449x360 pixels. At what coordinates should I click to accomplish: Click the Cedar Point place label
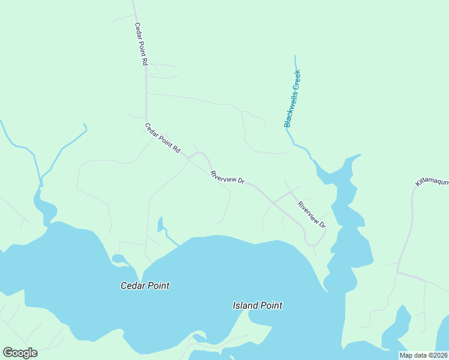tap(145, 286)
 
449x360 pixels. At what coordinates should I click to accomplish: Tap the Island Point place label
tap(257, 305)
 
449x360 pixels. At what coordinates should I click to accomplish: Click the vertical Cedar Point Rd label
tap(140, 44)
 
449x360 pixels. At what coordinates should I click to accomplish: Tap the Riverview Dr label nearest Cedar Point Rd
tap(228, 178)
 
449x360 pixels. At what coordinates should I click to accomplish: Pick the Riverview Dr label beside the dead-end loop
tap(311, 214)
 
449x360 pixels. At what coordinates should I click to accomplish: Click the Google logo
tap(20, 353)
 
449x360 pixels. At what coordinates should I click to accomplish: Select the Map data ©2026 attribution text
tap(423, 355)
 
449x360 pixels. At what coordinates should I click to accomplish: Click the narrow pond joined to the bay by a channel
tap(160, 224)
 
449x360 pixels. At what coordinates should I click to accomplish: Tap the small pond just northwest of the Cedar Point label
tap(118, 259)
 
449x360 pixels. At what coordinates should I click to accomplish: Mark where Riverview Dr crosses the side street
tap(274, 203)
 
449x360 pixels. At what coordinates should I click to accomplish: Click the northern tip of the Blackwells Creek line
tap(295, 57)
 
